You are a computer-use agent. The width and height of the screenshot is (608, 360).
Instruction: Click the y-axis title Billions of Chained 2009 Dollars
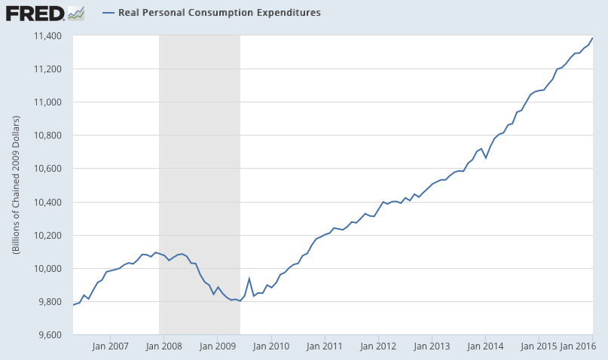17,185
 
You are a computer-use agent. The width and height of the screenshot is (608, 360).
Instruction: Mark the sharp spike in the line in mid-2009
249,279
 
